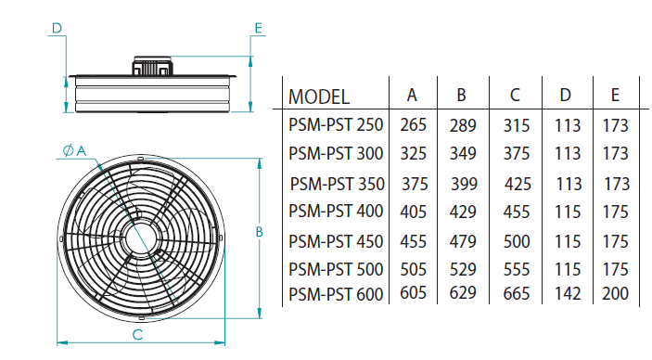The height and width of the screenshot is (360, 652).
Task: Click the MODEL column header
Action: click(319, 97)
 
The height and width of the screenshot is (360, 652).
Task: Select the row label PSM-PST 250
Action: click(336, 125)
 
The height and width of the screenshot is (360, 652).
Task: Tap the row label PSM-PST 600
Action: click(336, 294)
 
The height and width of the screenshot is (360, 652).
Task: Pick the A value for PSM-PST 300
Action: click(414, 154)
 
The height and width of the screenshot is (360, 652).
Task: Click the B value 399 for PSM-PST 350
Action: click(464, 184)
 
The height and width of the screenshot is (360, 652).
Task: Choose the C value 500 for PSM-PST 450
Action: click(517, 242)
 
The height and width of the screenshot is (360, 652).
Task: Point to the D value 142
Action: click(568, 294)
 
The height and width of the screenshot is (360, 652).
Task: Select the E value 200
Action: click(616, 294)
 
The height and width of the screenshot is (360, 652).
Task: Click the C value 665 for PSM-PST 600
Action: click(517, 294)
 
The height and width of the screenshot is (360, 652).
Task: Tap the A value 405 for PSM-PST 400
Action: click(414, 212)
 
